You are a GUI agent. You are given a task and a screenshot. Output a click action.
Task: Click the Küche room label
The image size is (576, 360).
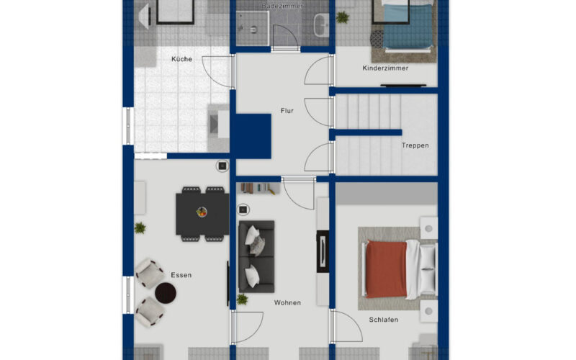point(182,59)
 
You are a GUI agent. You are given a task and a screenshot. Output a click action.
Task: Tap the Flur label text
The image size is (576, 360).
point(287,111)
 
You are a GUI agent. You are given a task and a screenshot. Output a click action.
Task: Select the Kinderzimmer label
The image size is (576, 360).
point(385,68)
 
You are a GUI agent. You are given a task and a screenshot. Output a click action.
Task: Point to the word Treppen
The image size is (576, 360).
point(415,145)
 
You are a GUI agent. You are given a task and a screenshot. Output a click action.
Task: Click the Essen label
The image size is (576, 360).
point(181,275)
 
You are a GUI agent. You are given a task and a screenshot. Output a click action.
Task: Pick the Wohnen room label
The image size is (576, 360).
point(287,302)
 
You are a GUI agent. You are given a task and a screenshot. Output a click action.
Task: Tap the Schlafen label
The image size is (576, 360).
point(384,320)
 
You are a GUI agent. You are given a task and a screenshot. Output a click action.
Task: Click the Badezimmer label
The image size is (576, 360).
point(282,6)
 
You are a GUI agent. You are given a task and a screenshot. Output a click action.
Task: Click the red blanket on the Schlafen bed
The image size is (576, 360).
point(386,269)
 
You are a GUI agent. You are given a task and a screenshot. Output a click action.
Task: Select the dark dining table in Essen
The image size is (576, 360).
point(202,214)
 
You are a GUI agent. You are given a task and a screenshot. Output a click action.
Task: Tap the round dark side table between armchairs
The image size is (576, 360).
point(166,293)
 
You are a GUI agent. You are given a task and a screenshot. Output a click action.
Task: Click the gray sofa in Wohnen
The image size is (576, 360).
point(256,256)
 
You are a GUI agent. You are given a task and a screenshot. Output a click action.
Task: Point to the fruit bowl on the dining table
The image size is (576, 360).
point(202,212)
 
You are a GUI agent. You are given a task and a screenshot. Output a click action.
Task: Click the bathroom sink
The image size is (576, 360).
point(322,25)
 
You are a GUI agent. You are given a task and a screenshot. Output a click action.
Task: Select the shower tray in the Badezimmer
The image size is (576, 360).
point(253,28)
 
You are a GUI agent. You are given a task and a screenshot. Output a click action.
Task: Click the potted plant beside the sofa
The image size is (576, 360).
point(242,299)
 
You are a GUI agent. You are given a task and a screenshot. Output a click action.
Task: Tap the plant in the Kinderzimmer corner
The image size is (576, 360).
point(343,17)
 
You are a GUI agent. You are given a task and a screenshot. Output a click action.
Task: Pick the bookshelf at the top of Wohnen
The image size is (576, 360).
point(259,189)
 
